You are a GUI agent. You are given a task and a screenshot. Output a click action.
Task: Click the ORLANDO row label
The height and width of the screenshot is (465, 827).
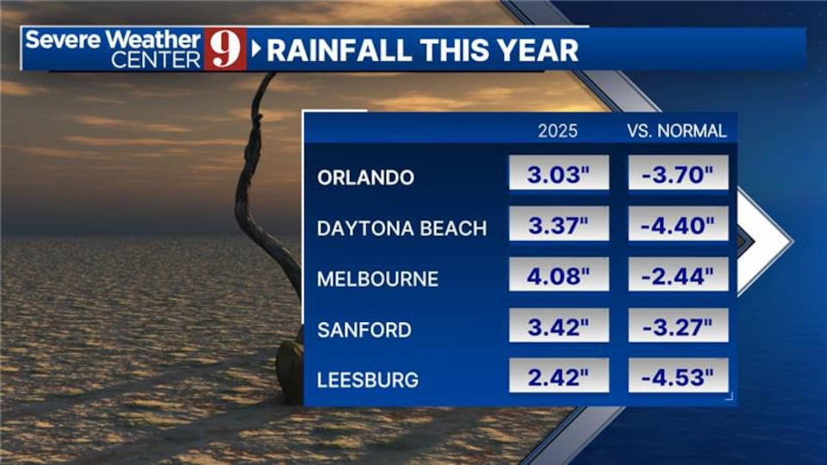(365, 178)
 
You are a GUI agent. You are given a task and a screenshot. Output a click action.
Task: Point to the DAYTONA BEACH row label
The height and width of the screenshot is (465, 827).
(401, 229)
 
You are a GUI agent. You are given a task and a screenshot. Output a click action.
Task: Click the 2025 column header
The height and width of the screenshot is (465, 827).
(558, 132)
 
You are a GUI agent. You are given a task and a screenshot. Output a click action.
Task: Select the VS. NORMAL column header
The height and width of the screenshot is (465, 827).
(677, 132)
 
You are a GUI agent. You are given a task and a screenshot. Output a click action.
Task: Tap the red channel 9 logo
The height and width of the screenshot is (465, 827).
(225, 49)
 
